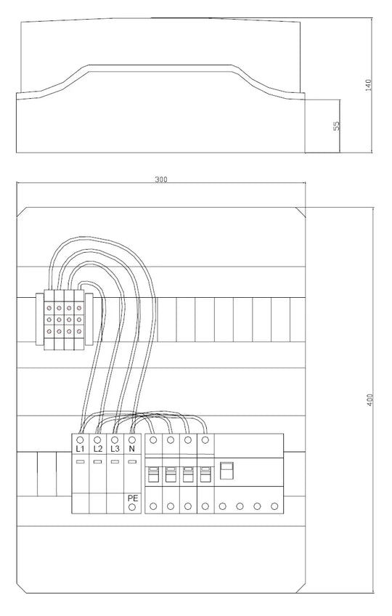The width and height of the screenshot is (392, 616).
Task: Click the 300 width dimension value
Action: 161,179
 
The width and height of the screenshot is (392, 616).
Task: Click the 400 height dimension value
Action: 369,400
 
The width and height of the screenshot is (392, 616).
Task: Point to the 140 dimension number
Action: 369,85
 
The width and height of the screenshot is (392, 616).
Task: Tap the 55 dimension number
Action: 337,126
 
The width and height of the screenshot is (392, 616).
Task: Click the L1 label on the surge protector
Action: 80,449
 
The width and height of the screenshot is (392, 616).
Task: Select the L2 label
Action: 98,449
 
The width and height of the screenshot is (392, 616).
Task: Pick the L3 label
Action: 115,449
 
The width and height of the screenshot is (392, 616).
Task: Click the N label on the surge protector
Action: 132,449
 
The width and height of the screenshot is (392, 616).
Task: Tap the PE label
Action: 133,498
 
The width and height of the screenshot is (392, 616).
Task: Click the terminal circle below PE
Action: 132,507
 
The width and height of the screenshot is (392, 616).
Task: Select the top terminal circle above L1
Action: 80,439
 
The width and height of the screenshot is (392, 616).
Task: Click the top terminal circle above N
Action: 132,439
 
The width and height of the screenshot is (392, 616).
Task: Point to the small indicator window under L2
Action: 97,461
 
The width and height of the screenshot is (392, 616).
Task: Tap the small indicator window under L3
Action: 115,461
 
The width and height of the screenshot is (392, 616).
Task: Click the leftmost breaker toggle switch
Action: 153,474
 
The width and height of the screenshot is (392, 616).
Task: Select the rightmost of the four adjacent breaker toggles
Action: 205,474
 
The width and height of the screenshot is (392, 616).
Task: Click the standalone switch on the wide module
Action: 226,471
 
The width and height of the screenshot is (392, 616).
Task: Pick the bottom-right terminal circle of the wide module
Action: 274,507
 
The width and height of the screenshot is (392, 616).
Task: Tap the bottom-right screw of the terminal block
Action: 79,331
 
